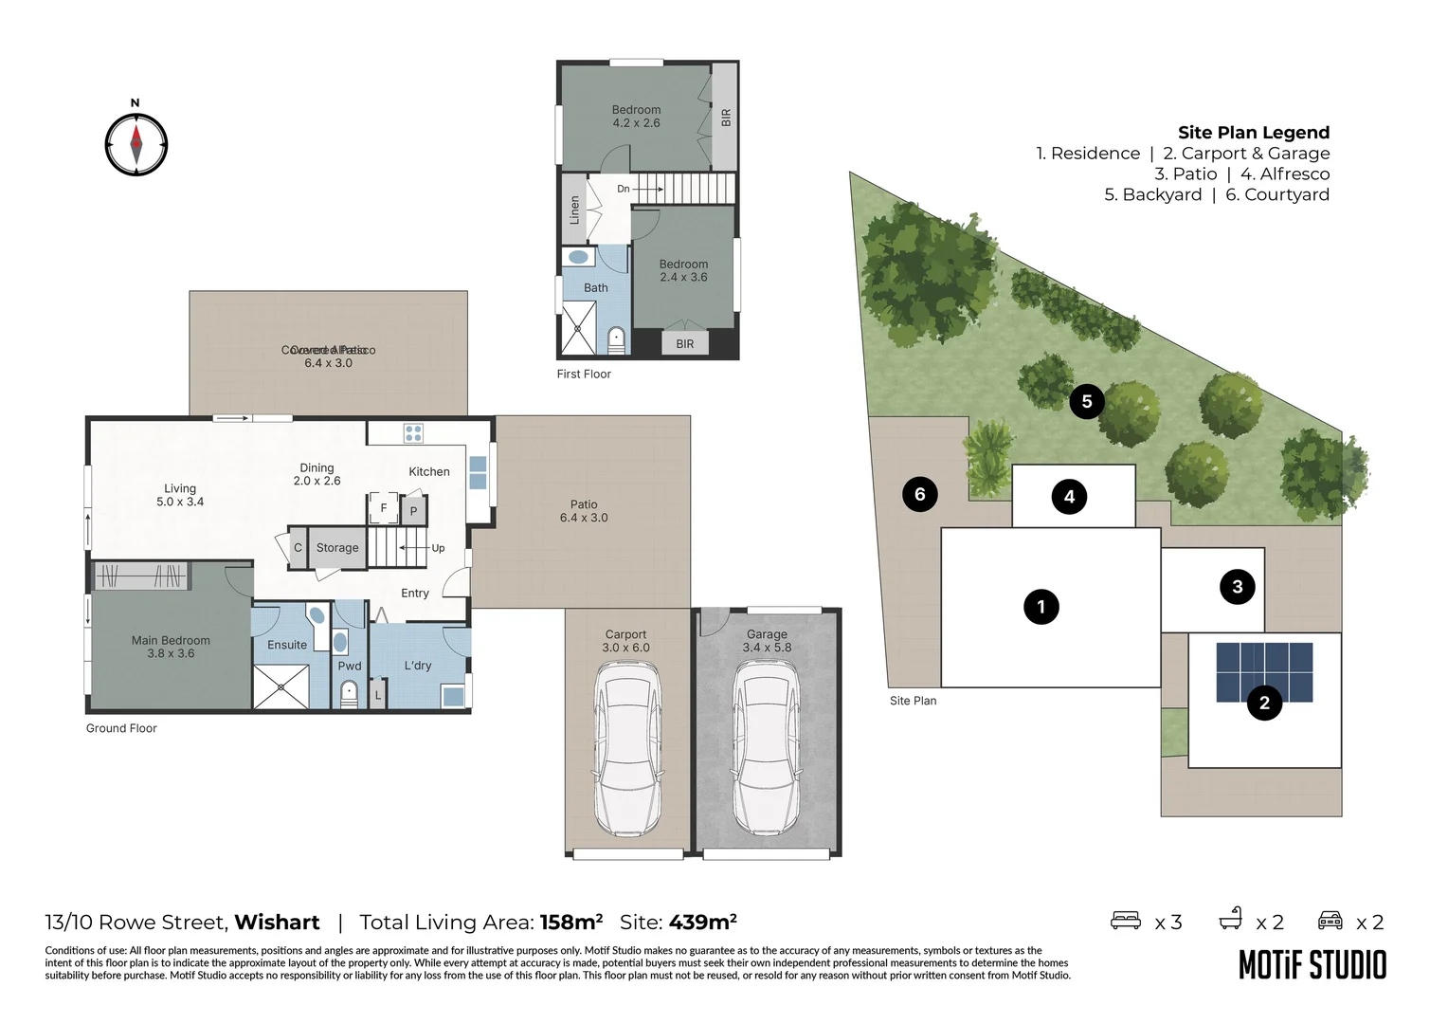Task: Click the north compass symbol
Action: [136, 145]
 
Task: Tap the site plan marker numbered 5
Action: [1086, 401]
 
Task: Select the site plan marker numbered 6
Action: [919, 494]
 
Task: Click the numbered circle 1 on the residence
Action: [1041, 607]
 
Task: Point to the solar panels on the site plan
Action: [1264, 671]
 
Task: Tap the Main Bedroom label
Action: [171, 641]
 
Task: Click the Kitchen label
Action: [429, 471]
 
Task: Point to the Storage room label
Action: [337, 548]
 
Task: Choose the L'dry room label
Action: [418, 666]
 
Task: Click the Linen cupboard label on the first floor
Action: [574, 210]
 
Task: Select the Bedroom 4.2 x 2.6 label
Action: [636, 117]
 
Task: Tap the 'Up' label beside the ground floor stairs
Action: [438, 548]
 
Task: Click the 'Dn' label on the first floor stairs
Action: [623, 189]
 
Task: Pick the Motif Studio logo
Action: [1312, 965]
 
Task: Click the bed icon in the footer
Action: [1126, 921]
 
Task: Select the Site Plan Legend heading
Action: [1253, 133]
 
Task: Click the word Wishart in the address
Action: [277, 923]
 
